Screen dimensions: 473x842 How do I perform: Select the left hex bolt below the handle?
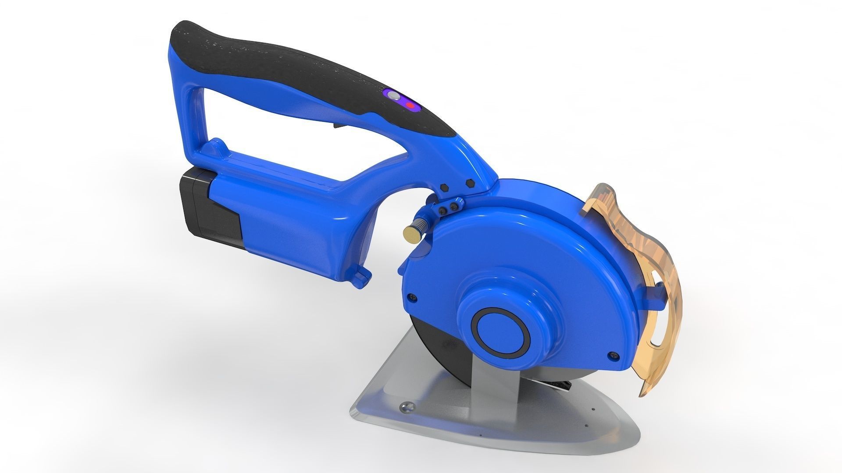point(443,187)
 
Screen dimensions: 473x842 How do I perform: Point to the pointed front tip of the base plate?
point(353,415)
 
